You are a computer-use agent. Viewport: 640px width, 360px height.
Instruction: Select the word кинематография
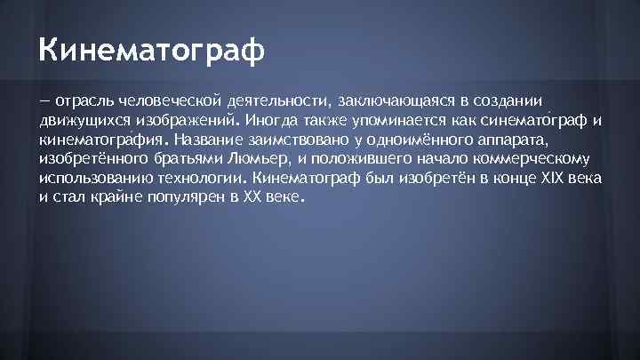(106, 140)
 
